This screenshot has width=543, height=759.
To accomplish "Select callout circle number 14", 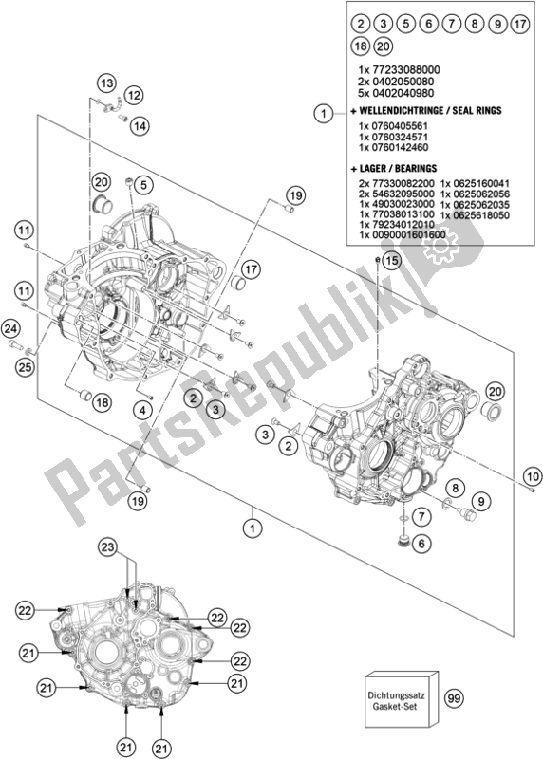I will pos(139,125).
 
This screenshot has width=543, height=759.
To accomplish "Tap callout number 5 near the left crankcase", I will pos(145,184).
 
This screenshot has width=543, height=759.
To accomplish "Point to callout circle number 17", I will pos(251,271).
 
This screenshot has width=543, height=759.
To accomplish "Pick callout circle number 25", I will pos(25,366).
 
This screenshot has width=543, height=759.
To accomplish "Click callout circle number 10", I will pos(530,474).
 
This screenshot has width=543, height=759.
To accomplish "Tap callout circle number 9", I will pos(480,500).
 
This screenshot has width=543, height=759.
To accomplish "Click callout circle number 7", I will pos(419,513).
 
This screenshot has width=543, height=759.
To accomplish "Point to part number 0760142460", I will pos(395,148).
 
